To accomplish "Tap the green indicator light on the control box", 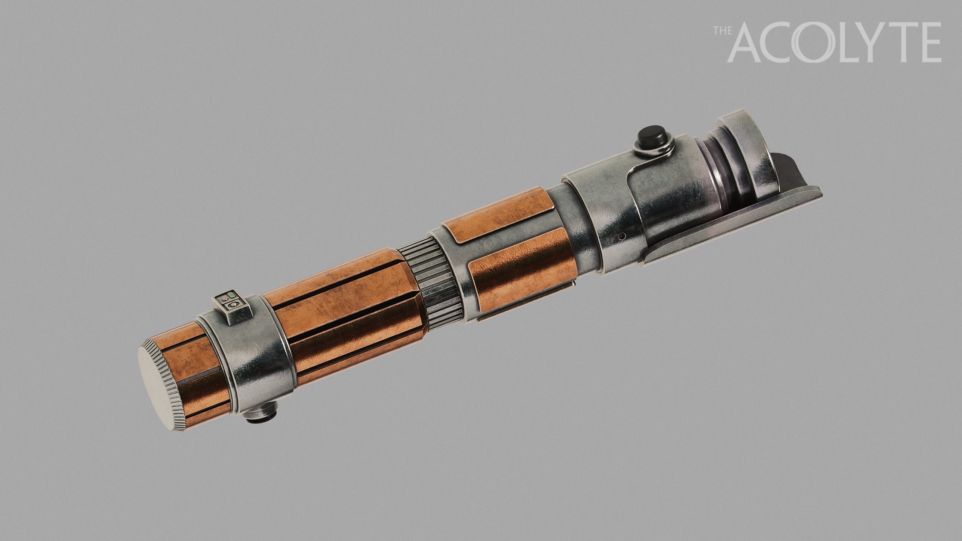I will pyautogui.click(x=230, y=295).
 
